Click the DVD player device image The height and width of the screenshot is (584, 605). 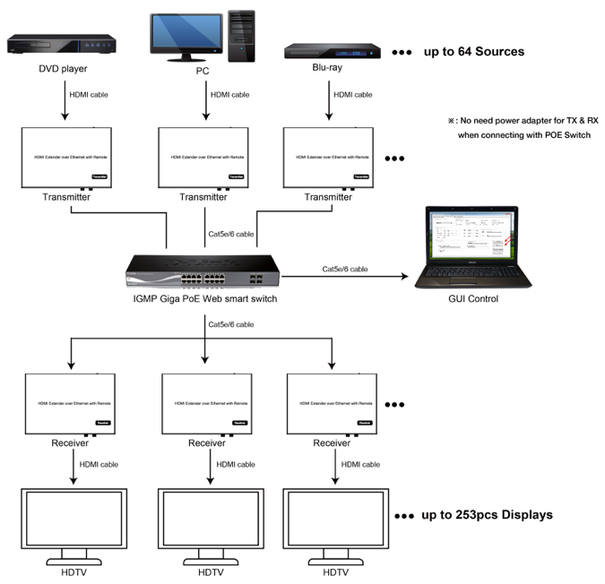click(60, 44)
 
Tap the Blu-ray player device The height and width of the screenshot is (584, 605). click(332, 50)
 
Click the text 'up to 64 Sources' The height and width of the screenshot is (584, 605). click(473, 52)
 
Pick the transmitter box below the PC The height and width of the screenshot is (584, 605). click(205, 157)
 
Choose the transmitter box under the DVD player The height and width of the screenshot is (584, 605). click(66, 157)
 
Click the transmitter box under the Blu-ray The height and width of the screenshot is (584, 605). click(329, 157)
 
